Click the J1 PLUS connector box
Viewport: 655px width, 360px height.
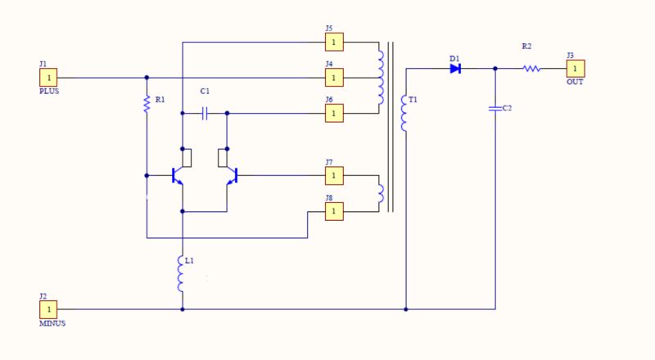[x=48, y=78]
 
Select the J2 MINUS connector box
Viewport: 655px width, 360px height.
[x=48, y=309]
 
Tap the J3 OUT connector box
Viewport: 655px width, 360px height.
[x=576, y=69]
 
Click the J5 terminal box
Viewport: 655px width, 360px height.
[x=333, y=42]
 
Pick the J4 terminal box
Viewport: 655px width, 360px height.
[x=333, y=78]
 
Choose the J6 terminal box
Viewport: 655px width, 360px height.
[x=333, y=113]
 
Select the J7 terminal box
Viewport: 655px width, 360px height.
[x=333, y=175]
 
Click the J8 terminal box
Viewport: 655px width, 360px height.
[x=333, y=211]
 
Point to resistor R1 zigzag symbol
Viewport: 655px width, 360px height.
[x=147, y=104]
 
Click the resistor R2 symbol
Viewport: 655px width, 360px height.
[x=532, y=69]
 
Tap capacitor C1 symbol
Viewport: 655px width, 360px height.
[x=205, y=113]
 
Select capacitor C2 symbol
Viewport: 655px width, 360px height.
[x=495, y=108]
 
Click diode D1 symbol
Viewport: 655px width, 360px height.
[x=455, y=69]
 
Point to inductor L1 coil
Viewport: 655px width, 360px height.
[x=182, y=274]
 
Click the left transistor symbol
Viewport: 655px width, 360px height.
[x=178, y=175]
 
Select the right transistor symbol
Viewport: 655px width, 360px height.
[x=232, y=175]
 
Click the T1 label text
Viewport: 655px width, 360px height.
[x=413, y=100]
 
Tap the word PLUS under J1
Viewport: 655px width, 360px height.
[x=49, y=92]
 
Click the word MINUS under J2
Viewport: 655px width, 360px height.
[x=51, y=323]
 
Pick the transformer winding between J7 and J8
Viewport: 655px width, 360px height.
[x=379, y=193]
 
